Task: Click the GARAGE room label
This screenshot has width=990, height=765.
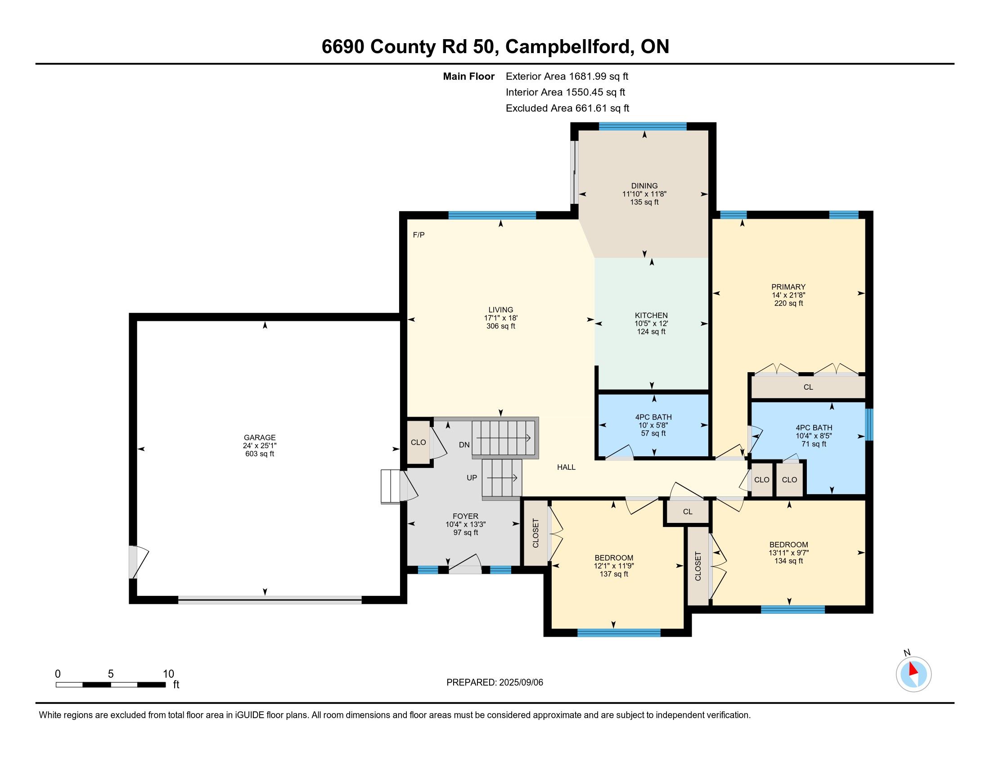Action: click(259, 437)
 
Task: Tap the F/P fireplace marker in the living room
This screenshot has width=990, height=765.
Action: click(418, 235)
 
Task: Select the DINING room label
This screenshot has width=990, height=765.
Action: click(644, 186)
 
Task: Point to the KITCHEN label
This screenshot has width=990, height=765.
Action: click(651, 315)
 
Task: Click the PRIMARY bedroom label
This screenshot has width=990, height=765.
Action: click(788, 287)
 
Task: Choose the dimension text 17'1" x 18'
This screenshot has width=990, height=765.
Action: click(500, 318)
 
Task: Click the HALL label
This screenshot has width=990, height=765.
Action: click(566, 467)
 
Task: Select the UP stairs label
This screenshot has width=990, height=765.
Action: click(472, 477)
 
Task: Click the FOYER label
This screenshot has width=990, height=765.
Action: click(465, 516)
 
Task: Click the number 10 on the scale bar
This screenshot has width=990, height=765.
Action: click(168, 674)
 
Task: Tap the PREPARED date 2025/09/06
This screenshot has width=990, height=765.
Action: click(520, 683)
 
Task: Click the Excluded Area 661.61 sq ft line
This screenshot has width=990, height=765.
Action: click(567, 108)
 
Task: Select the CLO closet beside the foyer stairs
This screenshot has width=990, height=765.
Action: click(418, 442)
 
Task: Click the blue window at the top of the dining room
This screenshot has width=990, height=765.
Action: click(642, 126)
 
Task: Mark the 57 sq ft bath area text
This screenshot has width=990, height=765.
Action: click(653, 433)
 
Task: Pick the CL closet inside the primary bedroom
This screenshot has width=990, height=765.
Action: click(808, 387)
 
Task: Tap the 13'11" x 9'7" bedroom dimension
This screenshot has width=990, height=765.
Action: click(788, 553)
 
